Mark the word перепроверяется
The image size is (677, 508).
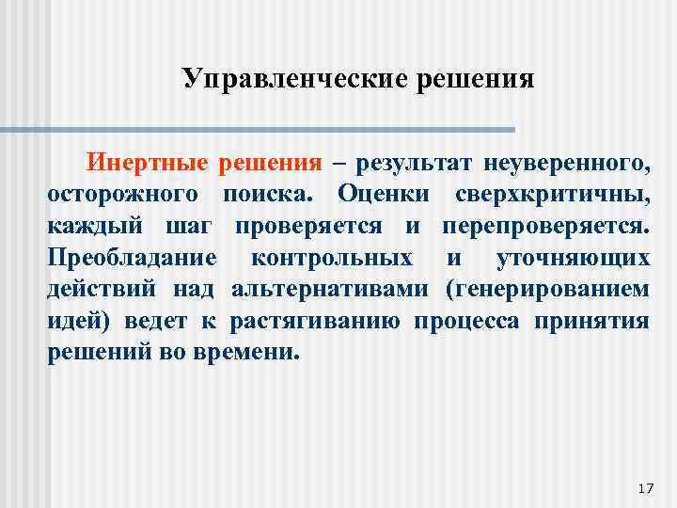pyautogui.click(x=545, y=226)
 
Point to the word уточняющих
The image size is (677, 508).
pyautogui.click(x=572, y=258)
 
